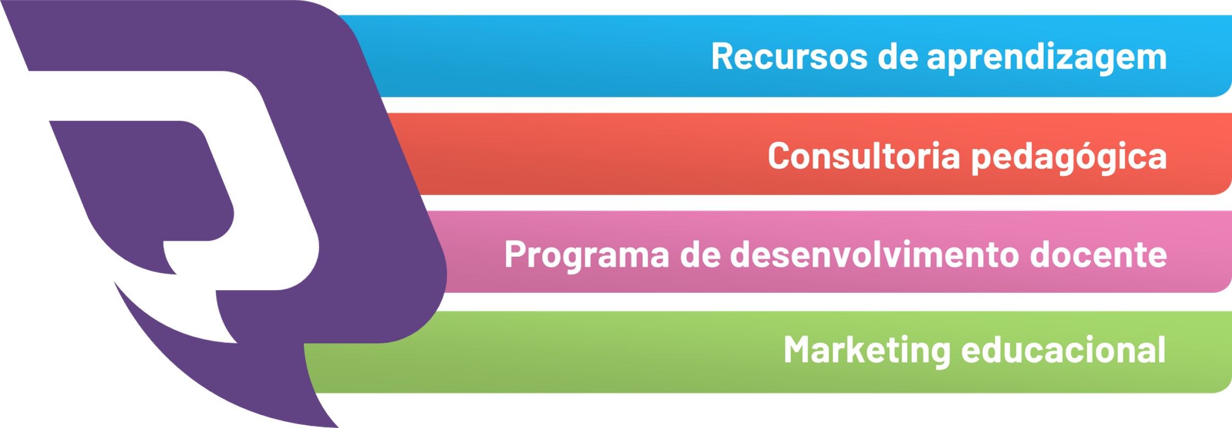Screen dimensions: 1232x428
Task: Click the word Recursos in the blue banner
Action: pyautogui.click(x=789, y=56)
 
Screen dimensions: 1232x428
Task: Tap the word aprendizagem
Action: pyautogui.click(x=1047, y=58)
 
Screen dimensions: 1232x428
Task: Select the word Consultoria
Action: pyautogui.click(x=864, y=155)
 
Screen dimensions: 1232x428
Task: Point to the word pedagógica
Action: pyautogui.click(x=1069, y=157)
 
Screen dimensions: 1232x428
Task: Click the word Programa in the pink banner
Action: pyautogui.click(x=587, y=255)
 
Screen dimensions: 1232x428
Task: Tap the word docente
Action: pyautogui.click(x=1098, y=254)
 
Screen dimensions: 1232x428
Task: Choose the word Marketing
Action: pyautogui.click(x=867, y=351)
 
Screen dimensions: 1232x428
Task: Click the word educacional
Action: pyautogui.click(x=1063, y=349)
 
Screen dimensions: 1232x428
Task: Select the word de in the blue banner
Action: pyautogui.click(x=897, y=56)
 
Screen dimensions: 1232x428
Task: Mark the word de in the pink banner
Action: pyautogui.click(x=700, y=254)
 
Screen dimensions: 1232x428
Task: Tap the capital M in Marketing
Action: pyautogui.click(x=798, y=350)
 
